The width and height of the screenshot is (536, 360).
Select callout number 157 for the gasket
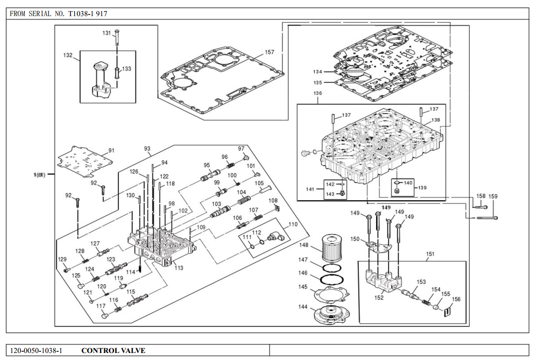[x=270, y=52]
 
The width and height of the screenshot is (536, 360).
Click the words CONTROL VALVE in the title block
[x=113, y=350]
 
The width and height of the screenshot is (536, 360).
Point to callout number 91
[x=111, y=151]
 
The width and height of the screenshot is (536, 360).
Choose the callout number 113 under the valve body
[x=179, y=267]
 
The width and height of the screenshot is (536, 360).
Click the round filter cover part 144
[x=332, y=314]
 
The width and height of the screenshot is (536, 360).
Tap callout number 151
[x=430, y=253]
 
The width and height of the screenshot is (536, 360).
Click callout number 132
[x=68, y=55]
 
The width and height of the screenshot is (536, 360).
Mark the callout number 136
[x=318, y=93]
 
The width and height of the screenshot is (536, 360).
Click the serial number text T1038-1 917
[x=88, y=13]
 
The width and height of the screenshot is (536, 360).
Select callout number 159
[x=492, y=196]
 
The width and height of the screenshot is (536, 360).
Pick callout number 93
[x=147, y=149]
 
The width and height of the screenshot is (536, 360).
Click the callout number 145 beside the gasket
[x=303, y=287]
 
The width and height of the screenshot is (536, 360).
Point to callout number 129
[x=62, y=259]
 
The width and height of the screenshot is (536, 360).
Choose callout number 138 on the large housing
[x=435, y=120]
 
